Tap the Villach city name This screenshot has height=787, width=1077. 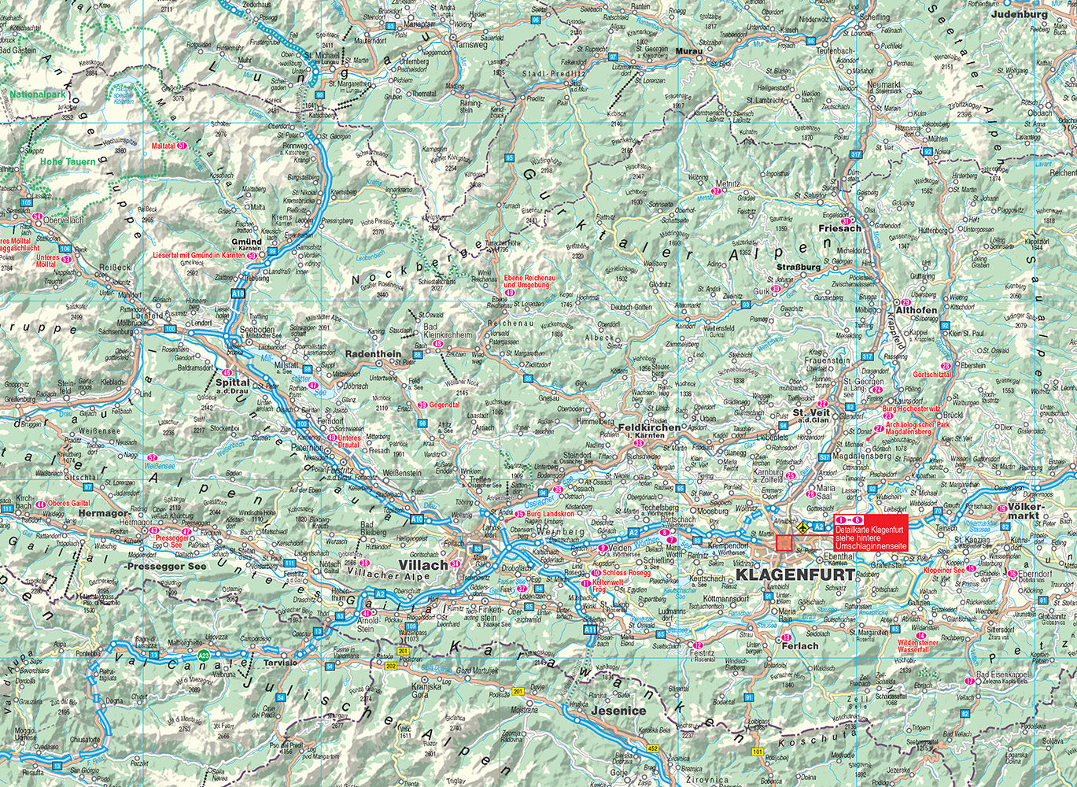(x=424, y=565)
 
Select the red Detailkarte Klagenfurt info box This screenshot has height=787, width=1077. (x=871, y=533)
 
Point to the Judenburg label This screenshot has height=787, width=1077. (x=1020, y=14)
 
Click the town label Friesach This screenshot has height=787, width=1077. (x=841, y=228)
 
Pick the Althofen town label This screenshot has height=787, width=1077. (x=917, y=311)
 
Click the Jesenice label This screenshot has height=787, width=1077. (x=618, y=711)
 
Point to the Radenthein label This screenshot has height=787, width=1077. (x=373, y=354)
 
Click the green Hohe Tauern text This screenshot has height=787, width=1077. (x=68, y=161)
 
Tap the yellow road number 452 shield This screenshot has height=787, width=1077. (x=652, y=748)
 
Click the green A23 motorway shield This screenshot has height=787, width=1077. (x=204, y=655)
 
